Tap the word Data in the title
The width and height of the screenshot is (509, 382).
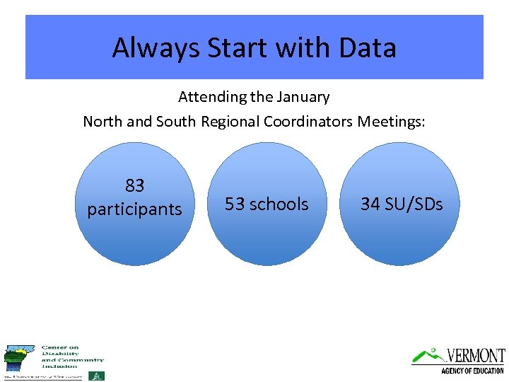point(367,48)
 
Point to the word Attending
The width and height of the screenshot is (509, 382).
point(213,96)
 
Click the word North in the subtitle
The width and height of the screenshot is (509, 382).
point(103,121)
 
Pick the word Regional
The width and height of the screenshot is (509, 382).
point(230,121)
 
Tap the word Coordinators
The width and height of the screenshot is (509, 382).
point(308,121)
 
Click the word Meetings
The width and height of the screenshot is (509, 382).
point(391,121)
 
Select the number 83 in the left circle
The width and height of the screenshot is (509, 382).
point(134,186)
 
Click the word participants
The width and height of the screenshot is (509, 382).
point(134,209)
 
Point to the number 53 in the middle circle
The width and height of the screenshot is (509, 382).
point(234,204)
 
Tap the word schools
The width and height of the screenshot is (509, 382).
point(279,204)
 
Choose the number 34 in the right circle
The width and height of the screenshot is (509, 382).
point(370,204)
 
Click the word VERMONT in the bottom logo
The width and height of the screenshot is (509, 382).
point(476,355)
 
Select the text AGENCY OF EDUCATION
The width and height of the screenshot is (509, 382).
point(472,371)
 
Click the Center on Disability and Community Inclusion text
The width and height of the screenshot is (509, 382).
point(71,357)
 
